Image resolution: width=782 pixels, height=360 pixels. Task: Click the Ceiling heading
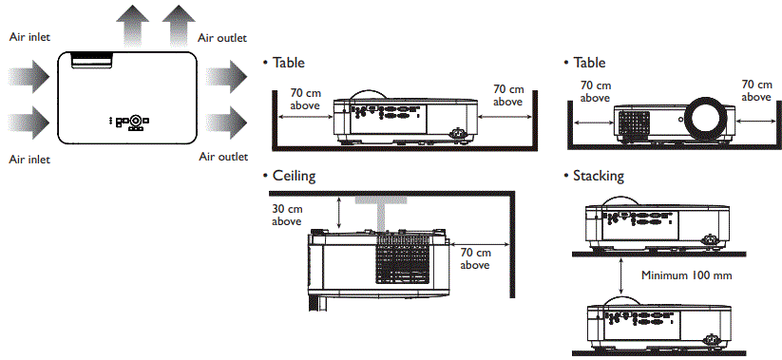coord(294,177)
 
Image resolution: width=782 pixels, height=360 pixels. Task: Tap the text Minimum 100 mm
coord(683,275)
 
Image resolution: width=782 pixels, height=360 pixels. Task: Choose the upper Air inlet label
coord(29,37)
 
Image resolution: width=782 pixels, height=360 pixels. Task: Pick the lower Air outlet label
coord(222,157)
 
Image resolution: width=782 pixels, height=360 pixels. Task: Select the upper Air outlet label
coord(221,38)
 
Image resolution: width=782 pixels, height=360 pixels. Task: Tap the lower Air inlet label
coord(29,159)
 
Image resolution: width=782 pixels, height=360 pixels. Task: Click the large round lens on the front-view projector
coord(709,118)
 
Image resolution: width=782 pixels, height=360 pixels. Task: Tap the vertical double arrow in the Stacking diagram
coord(621,276)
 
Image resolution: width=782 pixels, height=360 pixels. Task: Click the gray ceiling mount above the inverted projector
coord(379,213)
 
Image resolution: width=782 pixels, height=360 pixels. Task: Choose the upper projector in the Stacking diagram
coord(655,228)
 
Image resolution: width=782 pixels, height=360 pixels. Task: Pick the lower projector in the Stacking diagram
coord(655,323)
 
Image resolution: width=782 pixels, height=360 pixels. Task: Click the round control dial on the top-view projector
coord(137,121)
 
